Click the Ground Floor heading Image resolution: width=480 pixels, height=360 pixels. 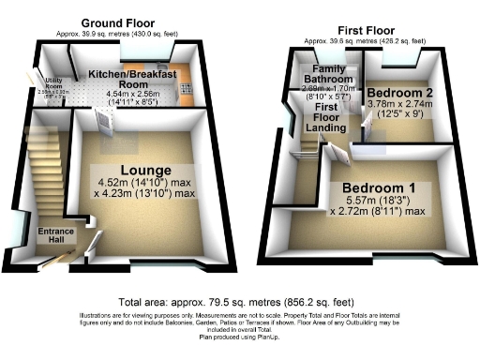click(x=119, y=22)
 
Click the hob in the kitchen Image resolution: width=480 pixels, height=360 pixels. click(x=184, y=92)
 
